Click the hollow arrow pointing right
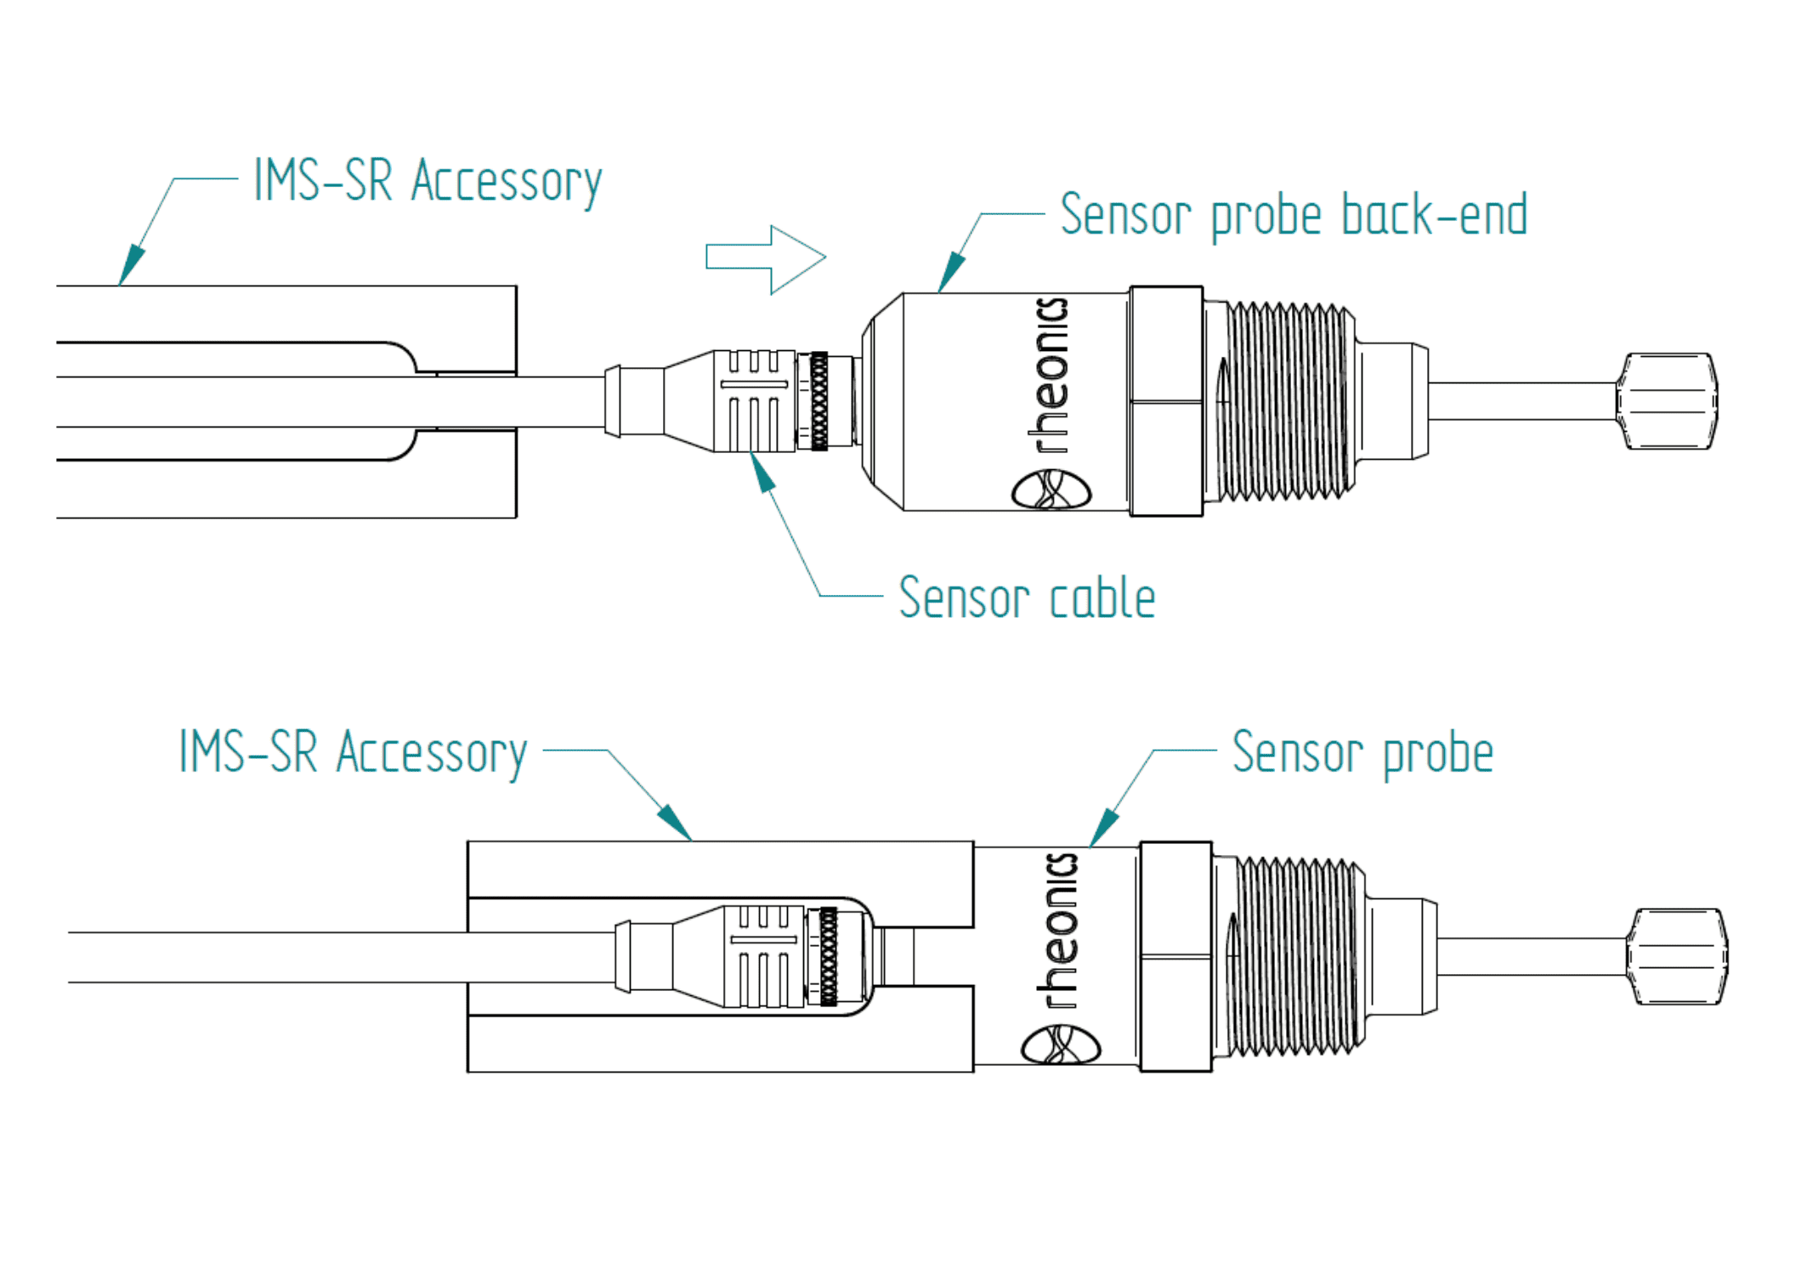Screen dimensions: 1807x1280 coord(765,258)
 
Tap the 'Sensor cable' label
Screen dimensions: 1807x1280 coord(1028,598)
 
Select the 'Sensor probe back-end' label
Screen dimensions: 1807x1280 coord(1294,216)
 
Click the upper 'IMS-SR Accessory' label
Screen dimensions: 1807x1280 coord(428,181)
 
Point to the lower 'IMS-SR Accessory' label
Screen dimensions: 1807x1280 coord(353,753)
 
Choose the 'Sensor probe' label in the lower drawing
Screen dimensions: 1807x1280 coord(1362,753)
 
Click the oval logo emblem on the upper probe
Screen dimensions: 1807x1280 coord(1051,490)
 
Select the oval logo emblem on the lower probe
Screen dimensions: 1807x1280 coord(1061,1045)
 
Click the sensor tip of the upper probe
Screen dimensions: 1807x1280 coord(1667,401)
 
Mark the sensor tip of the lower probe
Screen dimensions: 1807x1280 coord(1677,957)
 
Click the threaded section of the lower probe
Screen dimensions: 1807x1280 coord(1296,957)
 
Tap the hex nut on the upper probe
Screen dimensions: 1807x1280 coord(1166,401)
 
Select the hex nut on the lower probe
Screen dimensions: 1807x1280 coord(1175,957)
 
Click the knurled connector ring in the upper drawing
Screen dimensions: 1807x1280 coord(819,401)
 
